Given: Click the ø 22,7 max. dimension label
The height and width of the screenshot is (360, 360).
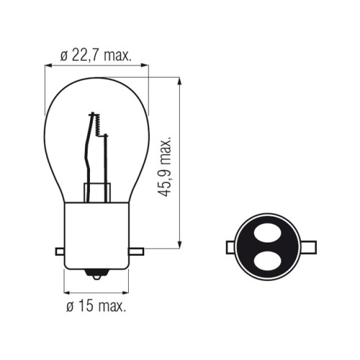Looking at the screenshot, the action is tap(96, 56).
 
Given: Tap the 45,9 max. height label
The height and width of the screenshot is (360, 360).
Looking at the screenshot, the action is tap(164, 167).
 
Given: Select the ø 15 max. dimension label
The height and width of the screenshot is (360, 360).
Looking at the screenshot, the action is tap(96, 306).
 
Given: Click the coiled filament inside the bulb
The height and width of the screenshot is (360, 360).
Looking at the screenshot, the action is tap(97, 125).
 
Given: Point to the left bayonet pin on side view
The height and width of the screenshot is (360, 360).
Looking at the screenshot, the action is tap(60, 251).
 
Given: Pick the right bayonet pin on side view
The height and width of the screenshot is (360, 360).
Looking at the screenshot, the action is tap(136, 251).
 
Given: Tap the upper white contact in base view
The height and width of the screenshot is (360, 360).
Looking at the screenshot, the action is tap(268, 233).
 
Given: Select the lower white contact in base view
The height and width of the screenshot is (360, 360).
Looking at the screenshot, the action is tap(267, 261).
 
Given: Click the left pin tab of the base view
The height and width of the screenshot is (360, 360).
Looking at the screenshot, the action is tap(231, 247).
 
